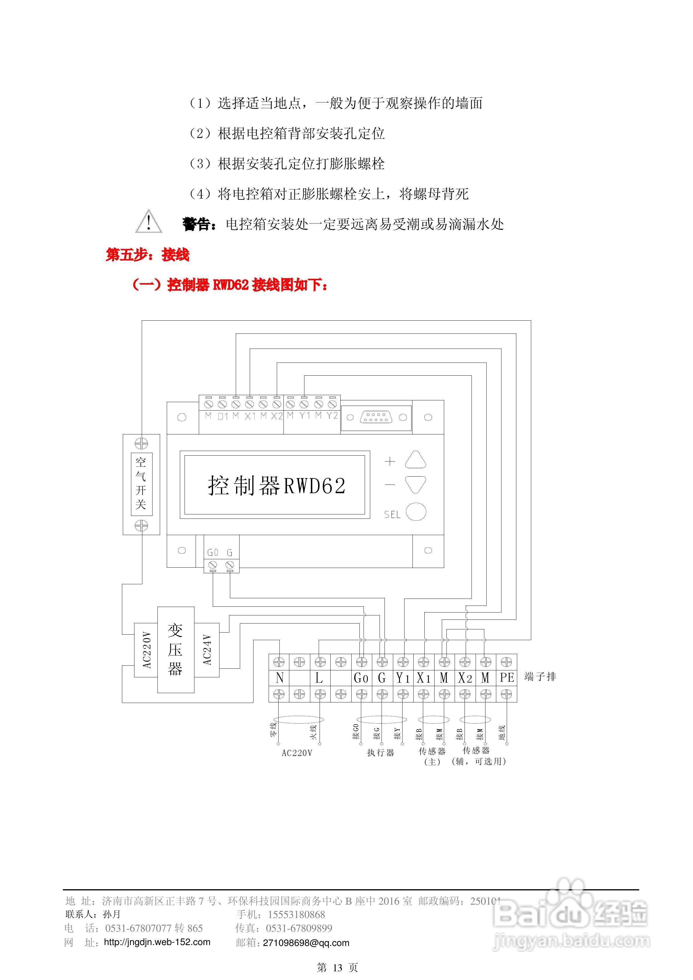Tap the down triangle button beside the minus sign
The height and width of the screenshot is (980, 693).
[x=415, y=485]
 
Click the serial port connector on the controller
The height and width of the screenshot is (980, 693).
[x=376, y=417]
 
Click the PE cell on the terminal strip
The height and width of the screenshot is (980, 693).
[x=507, y=678]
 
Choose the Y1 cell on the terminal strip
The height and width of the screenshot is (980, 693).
[x=403, y=678]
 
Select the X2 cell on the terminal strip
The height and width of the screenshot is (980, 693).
[x=465, y=678]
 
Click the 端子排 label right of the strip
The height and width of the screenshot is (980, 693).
[x=540, y=677]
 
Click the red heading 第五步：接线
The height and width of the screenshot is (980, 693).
[x=147, y=255]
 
